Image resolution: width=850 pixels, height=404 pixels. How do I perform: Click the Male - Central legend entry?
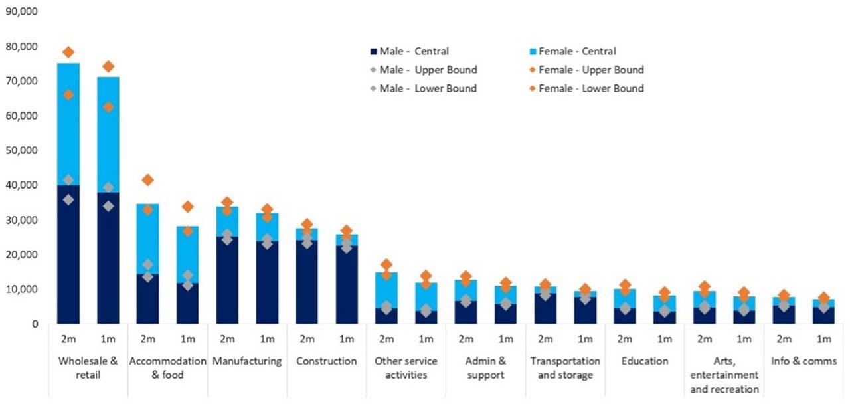(x=409, y=51)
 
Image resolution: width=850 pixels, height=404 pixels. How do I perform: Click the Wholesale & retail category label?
(x=88, y=368)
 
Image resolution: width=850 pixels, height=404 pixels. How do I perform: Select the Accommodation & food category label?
(x=167, y=368)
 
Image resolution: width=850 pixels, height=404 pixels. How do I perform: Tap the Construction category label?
(x=327, y=361)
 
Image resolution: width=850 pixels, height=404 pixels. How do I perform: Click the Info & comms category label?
(x=804, y=361)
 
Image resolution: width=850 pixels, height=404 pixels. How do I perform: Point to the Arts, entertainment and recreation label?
(x=724, y=375)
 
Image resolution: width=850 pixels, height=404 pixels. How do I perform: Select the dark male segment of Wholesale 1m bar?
(x=108, y=266)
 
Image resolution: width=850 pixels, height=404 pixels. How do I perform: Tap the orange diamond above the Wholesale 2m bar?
(x=68, y=52)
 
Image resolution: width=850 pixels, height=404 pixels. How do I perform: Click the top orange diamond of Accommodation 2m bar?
(x=148, y=180)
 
